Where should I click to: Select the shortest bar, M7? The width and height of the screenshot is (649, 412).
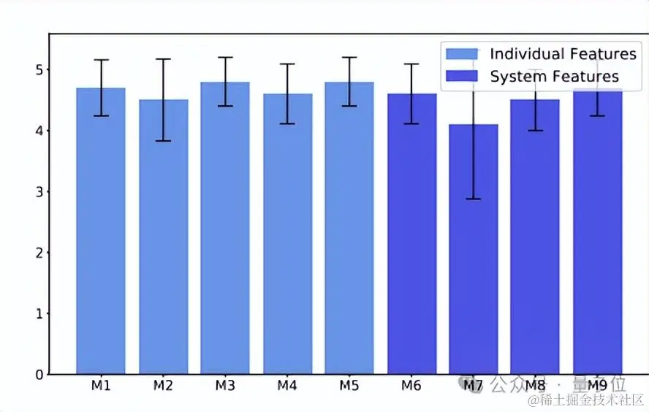coord(473,256)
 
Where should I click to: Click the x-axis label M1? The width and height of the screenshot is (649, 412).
coord(101,386)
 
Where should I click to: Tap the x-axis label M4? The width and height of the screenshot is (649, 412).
coord(287,386)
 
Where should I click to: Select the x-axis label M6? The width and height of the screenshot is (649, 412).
coord(411,386)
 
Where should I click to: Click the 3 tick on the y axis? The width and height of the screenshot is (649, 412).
coord(39,192)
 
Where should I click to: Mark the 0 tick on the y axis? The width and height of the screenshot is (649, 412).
coord(39,375)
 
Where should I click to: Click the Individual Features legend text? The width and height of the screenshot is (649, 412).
coord(563,54)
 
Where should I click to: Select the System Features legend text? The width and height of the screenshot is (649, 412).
coord(554,77)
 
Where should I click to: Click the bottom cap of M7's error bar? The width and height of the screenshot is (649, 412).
coord(473,199)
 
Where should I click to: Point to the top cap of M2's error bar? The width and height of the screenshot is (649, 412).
coord(163,59)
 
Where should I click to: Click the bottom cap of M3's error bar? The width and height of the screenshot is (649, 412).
coord(225,106)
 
